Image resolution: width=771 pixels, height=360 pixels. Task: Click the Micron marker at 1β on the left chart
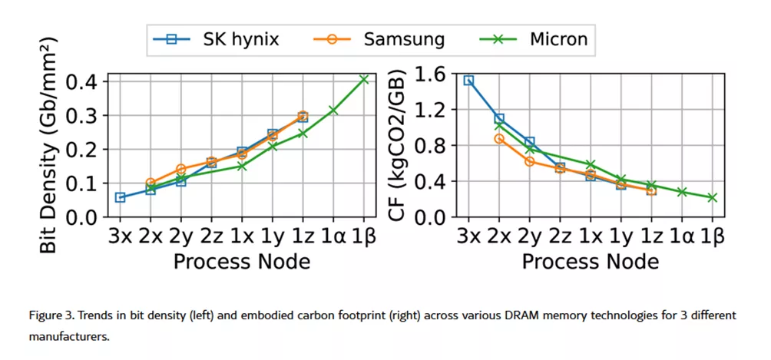364,79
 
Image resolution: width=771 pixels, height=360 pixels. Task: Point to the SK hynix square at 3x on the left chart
120,197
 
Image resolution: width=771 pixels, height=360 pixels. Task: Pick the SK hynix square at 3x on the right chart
468,80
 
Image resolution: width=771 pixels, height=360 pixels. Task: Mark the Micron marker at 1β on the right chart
713,197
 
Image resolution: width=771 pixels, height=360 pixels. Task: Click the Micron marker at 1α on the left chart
333,110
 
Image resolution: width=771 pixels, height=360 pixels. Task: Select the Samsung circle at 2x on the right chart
499,139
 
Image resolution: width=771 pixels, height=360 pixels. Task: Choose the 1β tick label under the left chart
363,236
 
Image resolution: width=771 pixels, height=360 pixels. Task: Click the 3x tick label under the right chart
468,236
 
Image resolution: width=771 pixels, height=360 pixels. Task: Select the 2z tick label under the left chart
211,236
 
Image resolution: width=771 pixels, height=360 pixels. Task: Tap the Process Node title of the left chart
241,261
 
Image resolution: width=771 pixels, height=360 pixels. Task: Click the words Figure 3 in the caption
50,315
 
